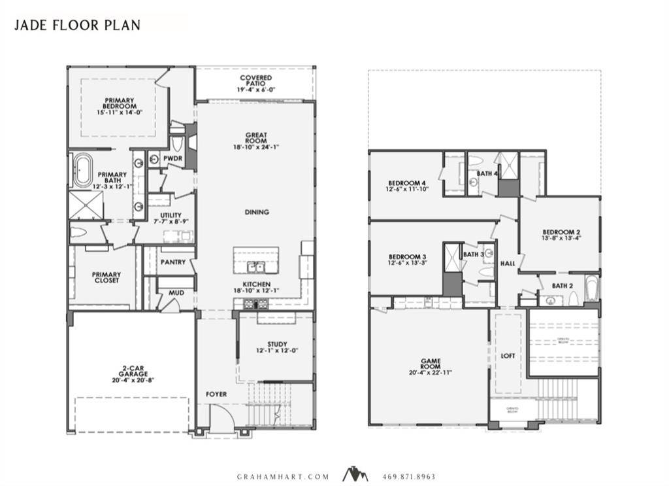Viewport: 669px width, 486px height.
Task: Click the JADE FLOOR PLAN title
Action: click(x=77, y=25)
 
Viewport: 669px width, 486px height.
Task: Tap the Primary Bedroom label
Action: click(x=120, y=104)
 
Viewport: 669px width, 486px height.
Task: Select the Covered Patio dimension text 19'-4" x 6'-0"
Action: click(x=255, y=89)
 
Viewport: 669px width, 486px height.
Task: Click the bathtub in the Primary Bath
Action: click(x=82, y=171)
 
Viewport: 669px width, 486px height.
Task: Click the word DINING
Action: click(x=257, y=213)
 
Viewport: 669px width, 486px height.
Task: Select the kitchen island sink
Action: click(x=255, y=266)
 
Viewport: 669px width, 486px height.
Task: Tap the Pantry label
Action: click(x=173, y=262)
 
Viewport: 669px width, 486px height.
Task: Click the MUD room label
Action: click(x=176, y=293)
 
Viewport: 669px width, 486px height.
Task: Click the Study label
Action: click(x=276, y=345)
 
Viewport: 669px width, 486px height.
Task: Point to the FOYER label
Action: click(x=216, y=394)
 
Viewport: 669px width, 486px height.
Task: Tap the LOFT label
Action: click(x=508, y=356)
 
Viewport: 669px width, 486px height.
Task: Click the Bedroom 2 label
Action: click(x=561, y=232)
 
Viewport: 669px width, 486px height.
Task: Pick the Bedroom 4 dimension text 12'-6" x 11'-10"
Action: click(x=406, y=190)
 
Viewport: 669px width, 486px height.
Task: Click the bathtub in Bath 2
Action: click(x=591, y=288)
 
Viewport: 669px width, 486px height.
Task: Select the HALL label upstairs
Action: click(x=508, y=264)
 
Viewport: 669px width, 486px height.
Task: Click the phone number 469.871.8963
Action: click(x=409, y=477)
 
